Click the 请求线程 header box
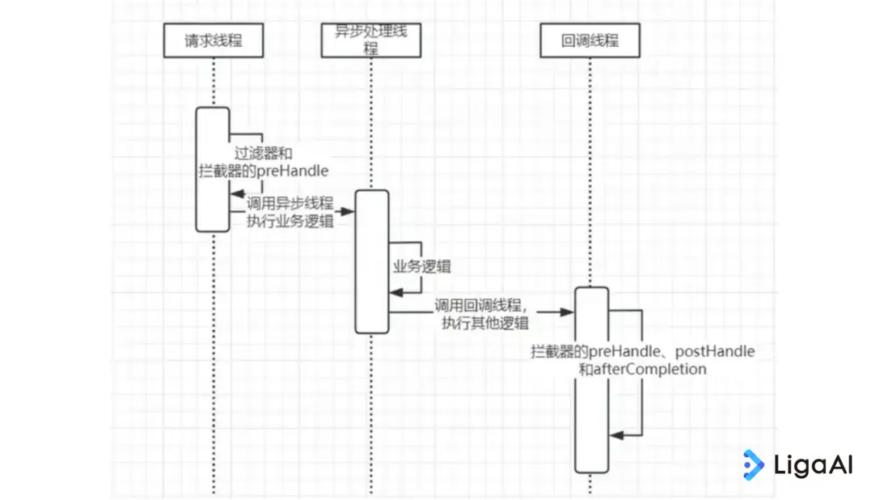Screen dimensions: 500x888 tap(214, 40)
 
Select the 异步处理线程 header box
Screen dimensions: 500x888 tap(371, 40)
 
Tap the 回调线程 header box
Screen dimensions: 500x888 tap(590, 40)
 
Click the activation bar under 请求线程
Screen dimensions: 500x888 tap(213, 169)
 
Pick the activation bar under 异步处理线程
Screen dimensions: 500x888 tap(372, 261)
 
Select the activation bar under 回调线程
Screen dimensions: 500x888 tap(591, 379)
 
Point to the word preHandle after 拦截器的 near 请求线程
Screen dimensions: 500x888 tap(294, 171)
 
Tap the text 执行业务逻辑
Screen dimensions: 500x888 tap(290, 222)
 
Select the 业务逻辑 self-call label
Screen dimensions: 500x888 tap(421, 268)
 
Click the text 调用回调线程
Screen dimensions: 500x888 tap(480, 306)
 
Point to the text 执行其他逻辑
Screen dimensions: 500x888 tap(485, 323)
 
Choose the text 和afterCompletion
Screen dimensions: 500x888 tap(643, 369)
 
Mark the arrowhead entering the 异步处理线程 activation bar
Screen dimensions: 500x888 tap(348, 211)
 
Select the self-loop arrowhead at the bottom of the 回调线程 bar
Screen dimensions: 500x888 tap(615, 435)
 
